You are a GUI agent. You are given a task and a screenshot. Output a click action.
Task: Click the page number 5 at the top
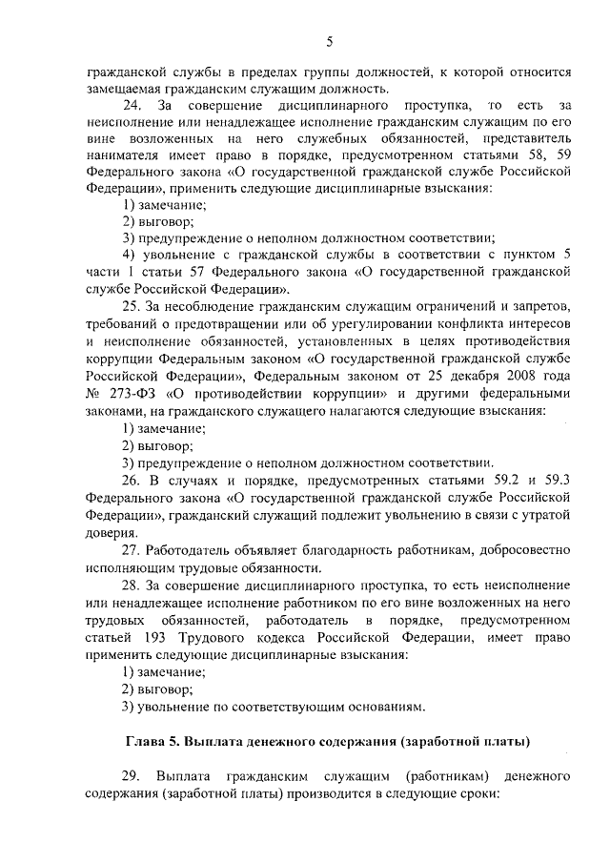[x=329, y=40]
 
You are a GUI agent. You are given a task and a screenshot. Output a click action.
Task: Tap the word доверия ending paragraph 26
[x=108, y=531]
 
